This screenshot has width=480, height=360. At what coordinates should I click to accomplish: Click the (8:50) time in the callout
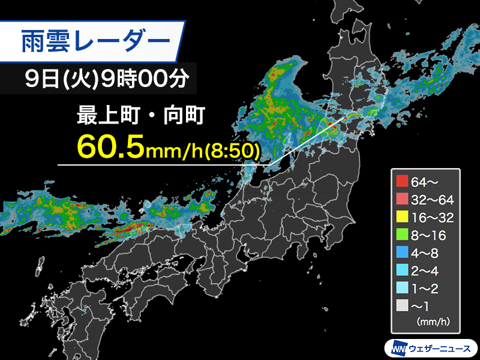pyautogui.click(x=232, y=148)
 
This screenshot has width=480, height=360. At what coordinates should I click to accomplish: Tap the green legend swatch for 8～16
pyautogui.click(x=402, y=235)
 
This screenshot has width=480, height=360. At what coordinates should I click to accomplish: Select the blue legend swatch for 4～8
pyautogui.click(x=402, y=253)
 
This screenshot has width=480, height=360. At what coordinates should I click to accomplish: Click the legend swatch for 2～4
pyautogui.click(x=402, y=271)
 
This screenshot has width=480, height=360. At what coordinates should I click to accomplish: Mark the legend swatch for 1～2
pyautogui.click(x=402, y=289)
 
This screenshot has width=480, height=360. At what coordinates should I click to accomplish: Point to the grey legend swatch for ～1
pyautogui.click(x=402, y=307)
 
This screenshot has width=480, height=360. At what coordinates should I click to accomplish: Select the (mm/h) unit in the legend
pyautogui.click(x=433, y=322)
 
